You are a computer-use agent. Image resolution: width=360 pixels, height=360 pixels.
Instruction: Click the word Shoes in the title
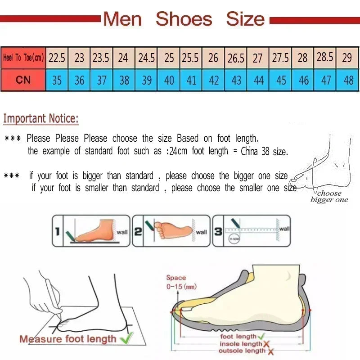click(x=184, y=19)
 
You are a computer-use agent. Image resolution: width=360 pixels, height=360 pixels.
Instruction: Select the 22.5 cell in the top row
click(x=57, y=58)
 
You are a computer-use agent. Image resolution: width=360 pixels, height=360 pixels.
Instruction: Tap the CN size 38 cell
click(x=124, y=80)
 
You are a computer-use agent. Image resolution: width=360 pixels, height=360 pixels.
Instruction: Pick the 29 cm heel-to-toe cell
click(x=347, y=58)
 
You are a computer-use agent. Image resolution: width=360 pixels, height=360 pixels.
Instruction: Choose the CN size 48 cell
click(x=348, y=80)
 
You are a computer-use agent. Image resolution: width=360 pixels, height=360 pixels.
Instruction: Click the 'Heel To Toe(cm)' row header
click(x=23, y=58)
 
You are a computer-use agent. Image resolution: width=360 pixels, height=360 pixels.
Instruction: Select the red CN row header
click(x=23, y=80)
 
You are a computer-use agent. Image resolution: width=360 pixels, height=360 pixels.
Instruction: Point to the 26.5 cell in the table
click(x=236, y=58)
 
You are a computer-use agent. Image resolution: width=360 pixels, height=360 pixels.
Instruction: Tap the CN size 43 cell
click(x=236, y=80)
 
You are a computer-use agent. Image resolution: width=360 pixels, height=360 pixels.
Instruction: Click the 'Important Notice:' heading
click(x=41, y=119)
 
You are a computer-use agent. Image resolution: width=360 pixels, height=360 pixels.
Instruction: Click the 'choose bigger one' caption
click(x=329, y=197)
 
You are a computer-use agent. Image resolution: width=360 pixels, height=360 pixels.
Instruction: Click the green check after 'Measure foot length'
click(x=130, y=337)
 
